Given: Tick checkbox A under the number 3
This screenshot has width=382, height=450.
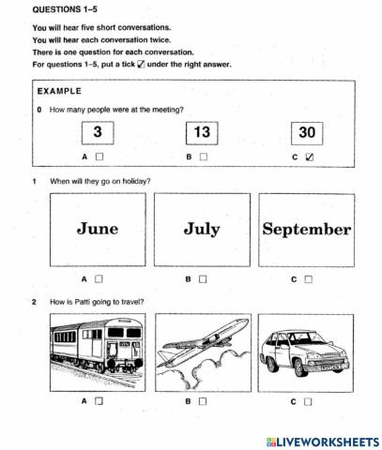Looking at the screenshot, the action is [99, 157].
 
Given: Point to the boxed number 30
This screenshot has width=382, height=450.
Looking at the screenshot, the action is [307, 133].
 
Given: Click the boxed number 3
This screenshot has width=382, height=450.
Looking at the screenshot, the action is [97, 133].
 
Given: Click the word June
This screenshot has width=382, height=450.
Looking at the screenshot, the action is [98, 228].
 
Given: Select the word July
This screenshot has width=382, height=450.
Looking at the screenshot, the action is [202, 228].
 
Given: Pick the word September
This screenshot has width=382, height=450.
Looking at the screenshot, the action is [307, 229].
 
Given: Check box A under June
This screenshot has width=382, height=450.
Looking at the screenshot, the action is [99, 278].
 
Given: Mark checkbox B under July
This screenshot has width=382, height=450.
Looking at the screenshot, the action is [203, 278].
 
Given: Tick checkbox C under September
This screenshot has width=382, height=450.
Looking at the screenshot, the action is [308, 278].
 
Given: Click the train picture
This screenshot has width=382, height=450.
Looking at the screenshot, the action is [98, 349].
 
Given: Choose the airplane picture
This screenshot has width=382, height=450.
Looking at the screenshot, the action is [202, 349].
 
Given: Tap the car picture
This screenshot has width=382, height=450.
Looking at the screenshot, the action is [307, 349].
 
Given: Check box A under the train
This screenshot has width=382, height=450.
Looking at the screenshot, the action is [99, 400].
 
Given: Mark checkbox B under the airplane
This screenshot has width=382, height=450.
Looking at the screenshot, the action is [203, 400].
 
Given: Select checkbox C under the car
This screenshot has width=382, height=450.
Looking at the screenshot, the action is [308, 400].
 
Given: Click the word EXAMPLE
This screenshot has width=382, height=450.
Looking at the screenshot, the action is [58, 92].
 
